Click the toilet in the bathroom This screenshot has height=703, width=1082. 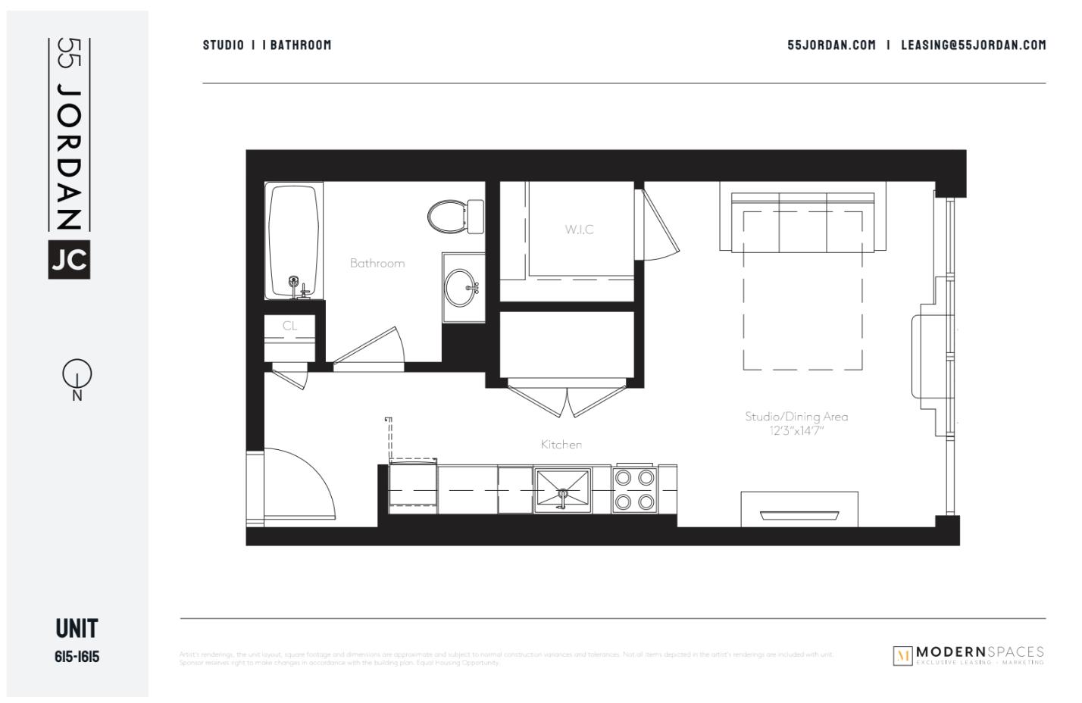(452, 216)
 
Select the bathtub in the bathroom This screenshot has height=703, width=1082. (294, 241)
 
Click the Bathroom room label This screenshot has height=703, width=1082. (377, 263)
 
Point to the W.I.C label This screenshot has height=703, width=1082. (579, 230)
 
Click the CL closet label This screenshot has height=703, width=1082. (289, 326)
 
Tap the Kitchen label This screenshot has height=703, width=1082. (561, 445)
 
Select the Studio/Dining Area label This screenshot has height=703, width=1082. (796, 417)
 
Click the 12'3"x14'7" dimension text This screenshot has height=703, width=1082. (796, 431)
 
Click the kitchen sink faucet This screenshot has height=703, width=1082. (562, 495)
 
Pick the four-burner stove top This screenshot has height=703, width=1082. (635, 489)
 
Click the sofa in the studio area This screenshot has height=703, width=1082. (802, 221)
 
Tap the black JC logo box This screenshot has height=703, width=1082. (69, 260)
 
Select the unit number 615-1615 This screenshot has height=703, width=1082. (77, 657)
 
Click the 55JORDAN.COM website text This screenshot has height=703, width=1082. (831, 45)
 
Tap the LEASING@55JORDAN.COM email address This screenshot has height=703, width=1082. (973, 45)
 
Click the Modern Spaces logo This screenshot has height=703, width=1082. (968, 655)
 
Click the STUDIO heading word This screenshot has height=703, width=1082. (223, 45)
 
